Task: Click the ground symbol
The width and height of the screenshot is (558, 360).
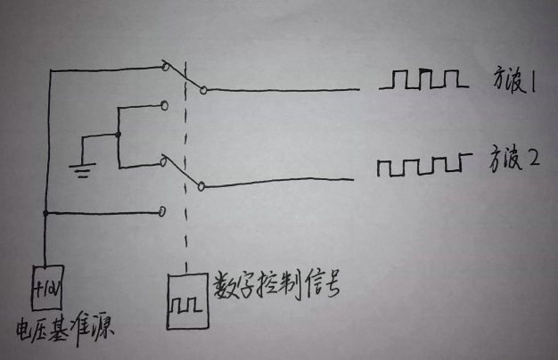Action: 82,167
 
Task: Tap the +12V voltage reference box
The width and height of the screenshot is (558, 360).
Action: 45,288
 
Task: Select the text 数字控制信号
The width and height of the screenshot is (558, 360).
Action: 276,285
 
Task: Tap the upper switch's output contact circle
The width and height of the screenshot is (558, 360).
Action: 203,90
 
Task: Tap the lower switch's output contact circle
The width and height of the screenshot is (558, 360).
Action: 203,186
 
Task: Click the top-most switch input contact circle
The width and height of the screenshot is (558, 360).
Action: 164,66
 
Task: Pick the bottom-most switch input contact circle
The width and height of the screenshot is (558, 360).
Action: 162,212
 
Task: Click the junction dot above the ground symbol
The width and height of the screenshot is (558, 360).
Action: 118,136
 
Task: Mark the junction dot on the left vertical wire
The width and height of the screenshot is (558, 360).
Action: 45,213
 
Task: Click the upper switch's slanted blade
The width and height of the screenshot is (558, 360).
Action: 184,78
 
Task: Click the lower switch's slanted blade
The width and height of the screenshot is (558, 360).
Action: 184,174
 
